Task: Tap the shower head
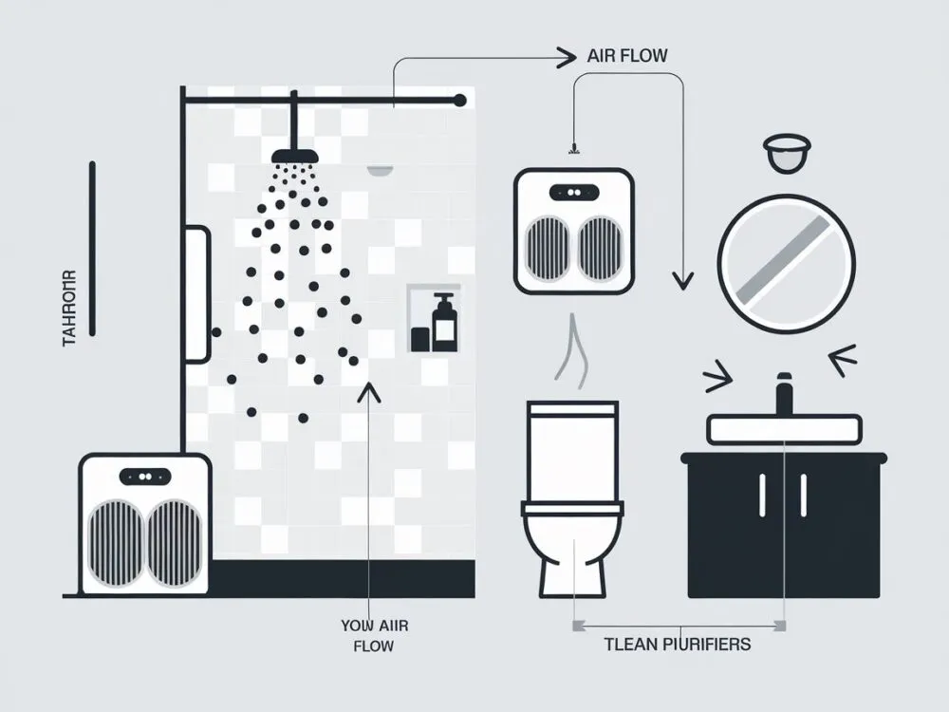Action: coord(295,156)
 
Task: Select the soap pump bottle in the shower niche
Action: coord(443,323)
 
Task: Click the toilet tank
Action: coord(572,451)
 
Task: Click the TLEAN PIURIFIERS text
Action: coord(677,645)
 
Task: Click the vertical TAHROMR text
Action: coord(69,309)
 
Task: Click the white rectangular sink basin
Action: coord(785,429)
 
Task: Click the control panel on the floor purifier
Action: coord(144,477)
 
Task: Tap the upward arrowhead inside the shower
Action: coord(368,391)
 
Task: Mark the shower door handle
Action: coord(196,294)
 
